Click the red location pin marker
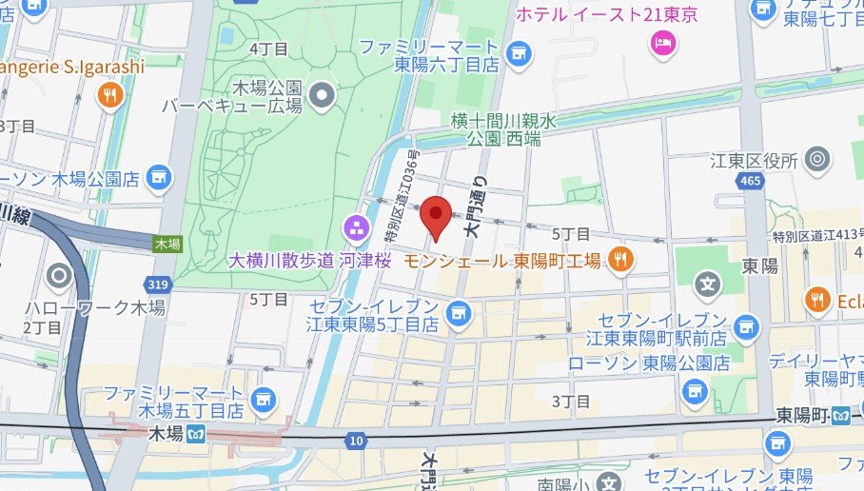click(436, 214)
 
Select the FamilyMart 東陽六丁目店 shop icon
click(519, 56)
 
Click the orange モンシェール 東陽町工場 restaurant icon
click(620, 259)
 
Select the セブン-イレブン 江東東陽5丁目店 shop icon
click(460, 311)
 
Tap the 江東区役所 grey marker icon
click(815, 160)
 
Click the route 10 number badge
click(357, 440)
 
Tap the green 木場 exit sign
click(167, 244)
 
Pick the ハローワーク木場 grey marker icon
click(59, 277)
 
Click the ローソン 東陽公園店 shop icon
click(696, 388)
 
